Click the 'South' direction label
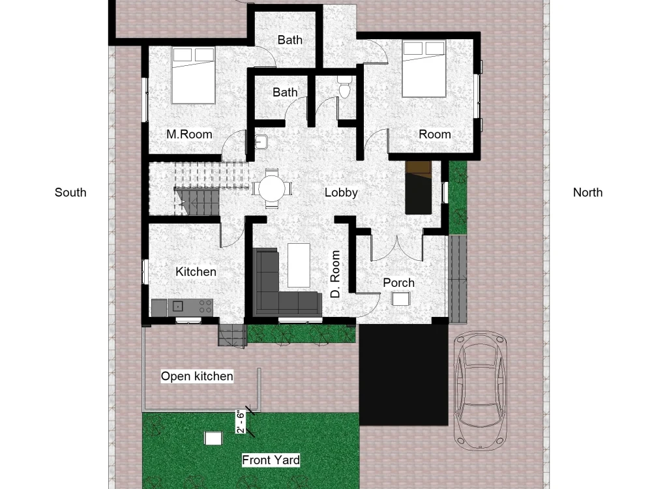(x=70, y=192)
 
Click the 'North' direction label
(x=587, y=192)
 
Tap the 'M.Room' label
(x=189, y=134)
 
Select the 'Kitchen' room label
(x=196, y=272)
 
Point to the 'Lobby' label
(x=341, y=192)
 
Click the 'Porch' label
(x=398, y=282)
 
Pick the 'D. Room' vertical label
(x=336, y=274)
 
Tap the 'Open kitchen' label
(x=197, y=376)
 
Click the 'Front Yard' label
(x=271, y=460)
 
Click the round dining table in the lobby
(x=272, y=188)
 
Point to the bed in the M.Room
(x=193, y=75)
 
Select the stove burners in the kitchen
(x=203, y=305)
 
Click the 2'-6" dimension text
(x=241, y=422)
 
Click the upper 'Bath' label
(x=289, y=40)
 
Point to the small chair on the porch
(x=400, y=299)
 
